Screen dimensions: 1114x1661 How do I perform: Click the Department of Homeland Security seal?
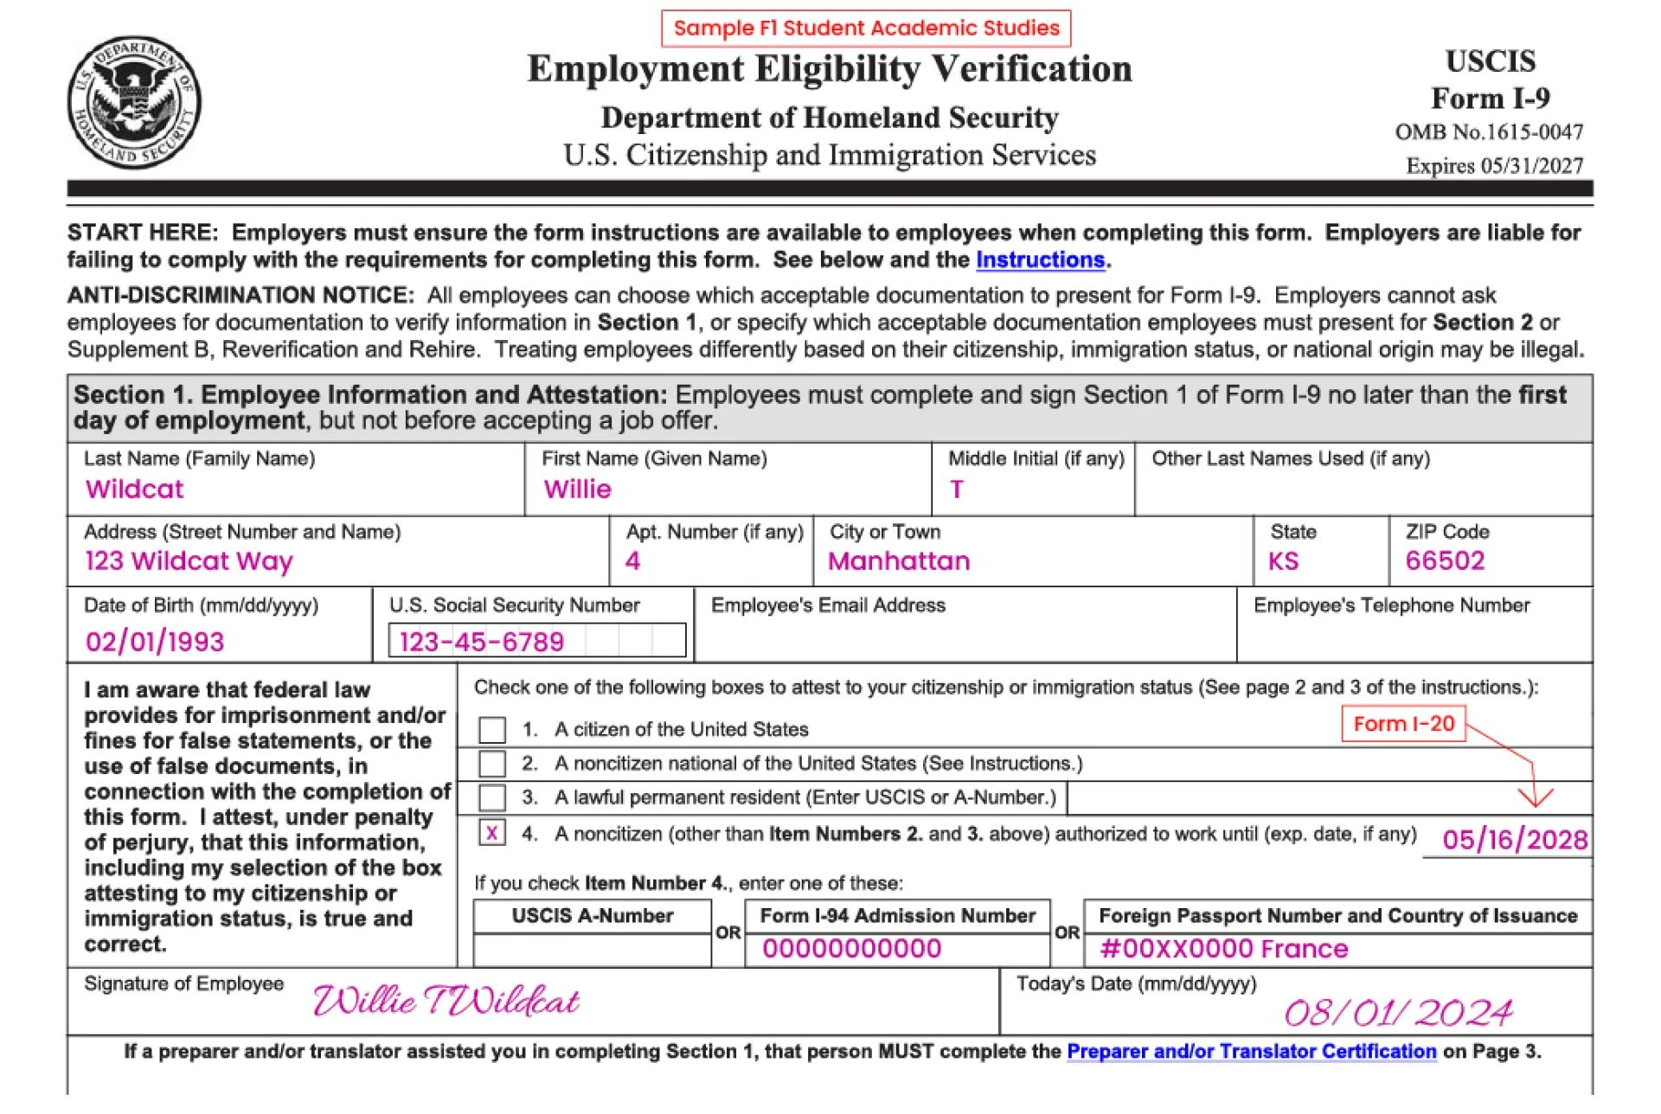click(x=134, y=102)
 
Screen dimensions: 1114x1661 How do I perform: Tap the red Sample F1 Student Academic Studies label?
click(x=866, y=28)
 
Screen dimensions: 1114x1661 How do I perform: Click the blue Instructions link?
click(x=1040, y=260)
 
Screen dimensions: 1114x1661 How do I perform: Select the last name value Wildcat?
click(x=135, y=490)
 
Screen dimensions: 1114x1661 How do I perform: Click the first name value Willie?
click(x=577, y=490)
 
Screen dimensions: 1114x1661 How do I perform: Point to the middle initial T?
click(x=956, y=490)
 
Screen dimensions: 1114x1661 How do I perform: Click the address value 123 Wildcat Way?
click(x=189, y=561)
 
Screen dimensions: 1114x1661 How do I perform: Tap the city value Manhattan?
click(x=899, y=561)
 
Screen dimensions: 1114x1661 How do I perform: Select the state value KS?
click(x=1283, y=561)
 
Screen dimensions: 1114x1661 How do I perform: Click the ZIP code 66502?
click(x=1445, y=561)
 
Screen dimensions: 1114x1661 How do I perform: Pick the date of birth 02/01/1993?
click(x=155, y=642)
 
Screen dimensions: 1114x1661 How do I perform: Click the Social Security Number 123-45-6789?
click(x=482, y=642)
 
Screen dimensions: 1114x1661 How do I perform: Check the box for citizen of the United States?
click(x=492, y=730)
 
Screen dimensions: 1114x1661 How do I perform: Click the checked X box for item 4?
click(x=492, y=833)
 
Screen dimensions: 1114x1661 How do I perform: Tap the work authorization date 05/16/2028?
click(x=1515, y=840)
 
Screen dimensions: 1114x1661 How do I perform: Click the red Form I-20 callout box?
click(x=1403, y=724)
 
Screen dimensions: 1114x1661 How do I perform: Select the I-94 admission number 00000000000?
click(x=851, y=949)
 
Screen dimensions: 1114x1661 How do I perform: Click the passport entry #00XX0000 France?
click(x=1223, y=949)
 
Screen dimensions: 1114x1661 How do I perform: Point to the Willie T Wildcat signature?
click(x=446, y=1002)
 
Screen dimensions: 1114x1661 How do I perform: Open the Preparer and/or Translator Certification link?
click(x=1251, y=1052)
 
